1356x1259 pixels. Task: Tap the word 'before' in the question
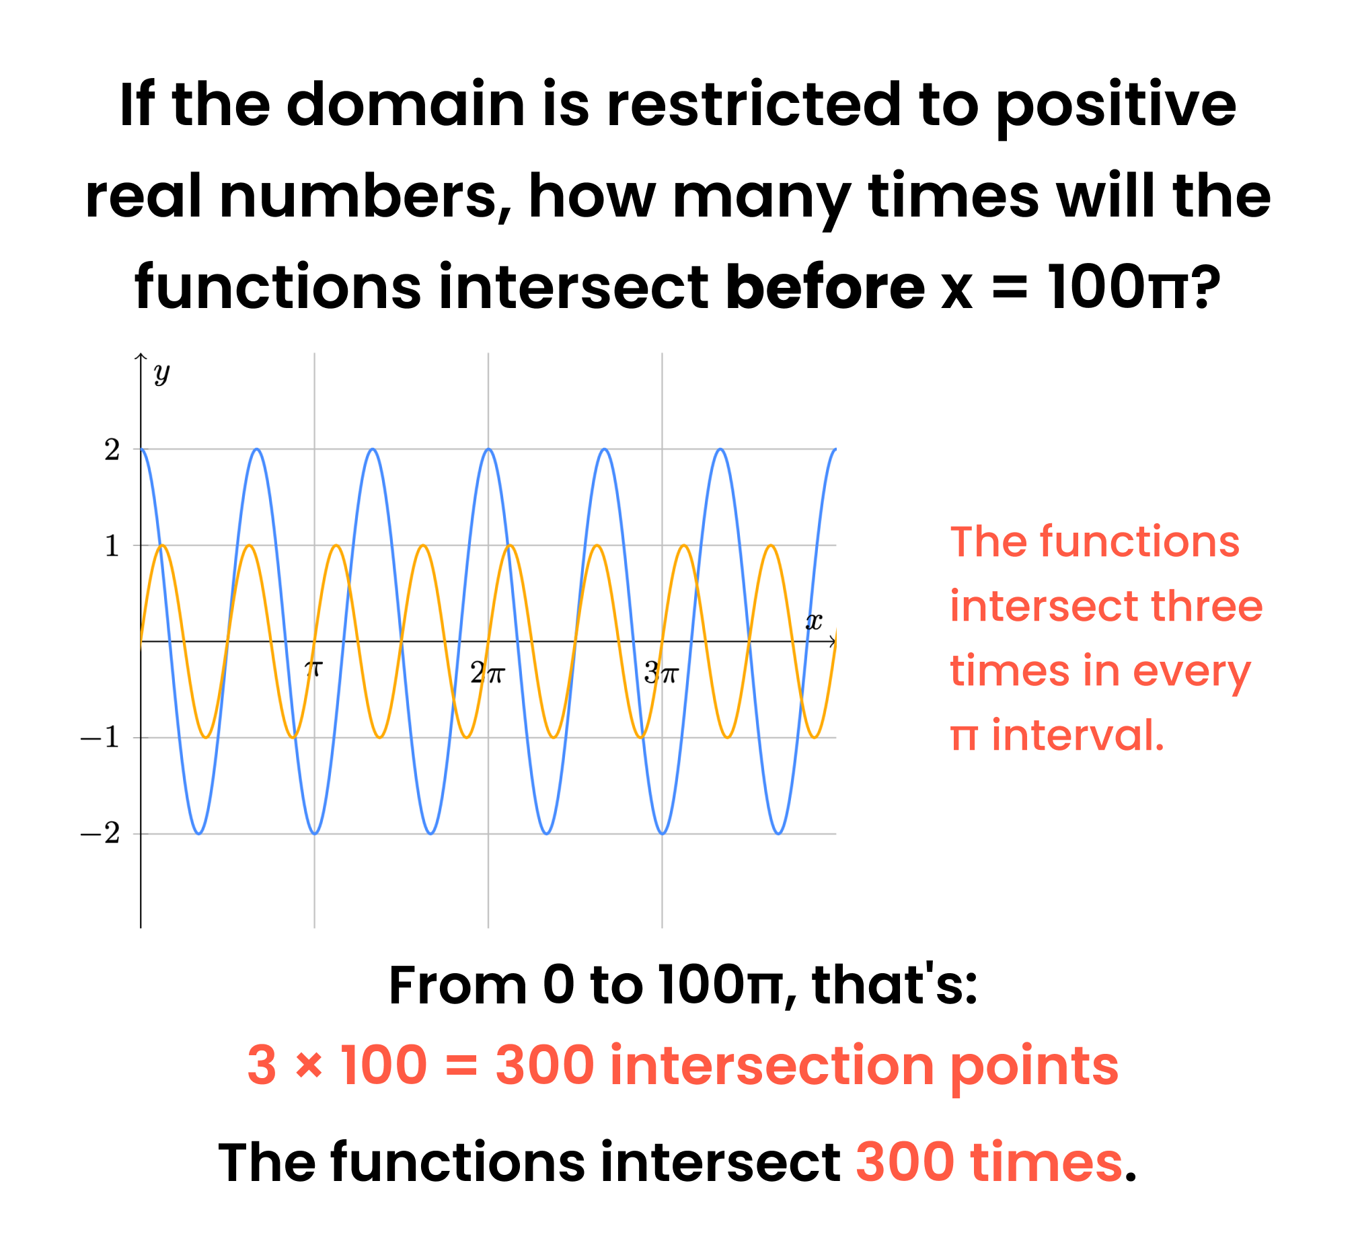pyautogui.click(x=825, y=287)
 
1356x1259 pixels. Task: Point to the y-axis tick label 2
pyautogui.click(x=112, y=450)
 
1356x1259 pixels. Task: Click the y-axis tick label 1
pyautogui.click(x=112, y=545)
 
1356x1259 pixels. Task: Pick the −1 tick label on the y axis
pyautogui.click(x=100, y=738)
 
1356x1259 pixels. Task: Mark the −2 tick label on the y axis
pyautogui.click(x=100, y=834)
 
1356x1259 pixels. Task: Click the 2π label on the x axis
pyautogui.click(x=487, y=674)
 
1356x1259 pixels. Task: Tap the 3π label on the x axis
pyautogui.click(x=661, y=674)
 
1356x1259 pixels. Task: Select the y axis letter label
pyautogui.click(x=161, y=373)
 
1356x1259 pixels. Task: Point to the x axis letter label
pyautogui.click(x=814, y=621)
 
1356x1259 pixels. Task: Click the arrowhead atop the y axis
pyautogui.click(x=141, y=356)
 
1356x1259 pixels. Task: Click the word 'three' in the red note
pyautogui.click(x=1206, y=606)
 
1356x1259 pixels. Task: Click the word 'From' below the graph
pyautogui.click(x=458, y=985)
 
